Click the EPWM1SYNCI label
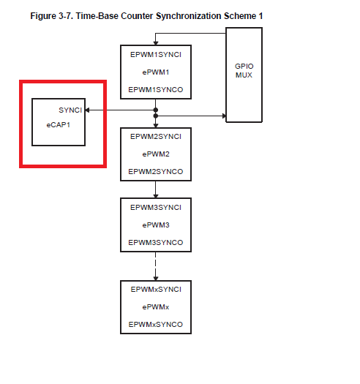(x=156, y=55)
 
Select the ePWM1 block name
(x=156, y=72)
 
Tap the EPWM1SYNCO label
(x=156, y=90)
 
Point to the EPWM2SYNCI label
(x=156, y=136)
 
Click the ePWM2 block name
(x=156, y=154)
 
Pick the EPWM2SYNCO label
(x=156, y=171)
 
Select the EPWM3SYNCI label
(x=156, y=208)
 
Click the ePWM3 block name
(x=156, y=225)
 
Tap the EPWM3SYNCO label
(x=156, y=242)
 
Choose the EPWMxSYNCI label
(x=156, y=290)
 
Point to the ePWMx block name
(x=156, y=307)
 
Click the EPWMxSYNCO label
(x=156, y=325)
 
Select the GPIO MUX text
(x=244, y=70)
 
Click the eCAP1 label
(x=59, y=125)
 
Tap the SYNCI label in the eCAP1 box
(x=70, y=110)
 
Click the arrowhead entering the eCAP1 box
(x=87, y=110)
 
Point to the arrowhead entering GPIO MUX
(x=224, y=116)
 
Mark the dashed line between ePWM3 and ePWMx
(x=156, y=265)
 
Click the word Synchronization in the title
(x=189, y=16)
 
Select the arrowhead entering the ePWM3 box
(x=156, y=196)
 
